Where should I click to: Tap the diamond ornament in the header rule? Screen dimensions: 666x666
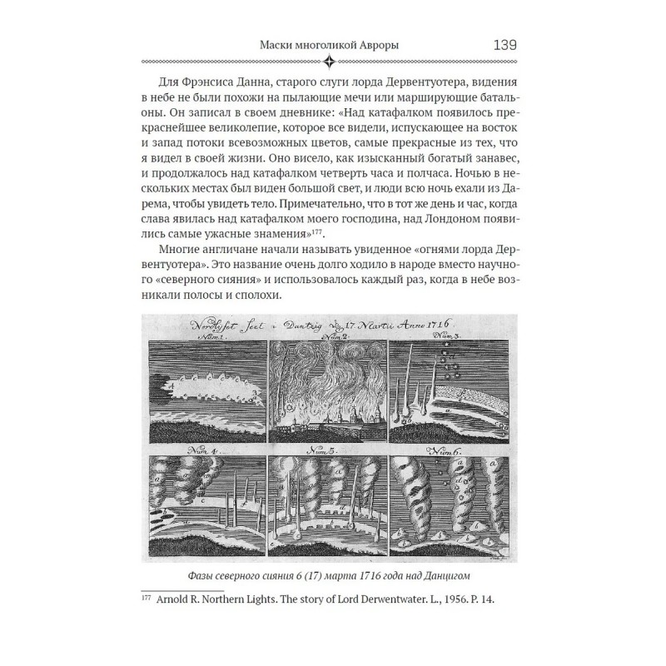point(333,61)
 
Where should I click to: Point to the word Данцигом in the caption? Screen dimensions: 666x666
point(450,579)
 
